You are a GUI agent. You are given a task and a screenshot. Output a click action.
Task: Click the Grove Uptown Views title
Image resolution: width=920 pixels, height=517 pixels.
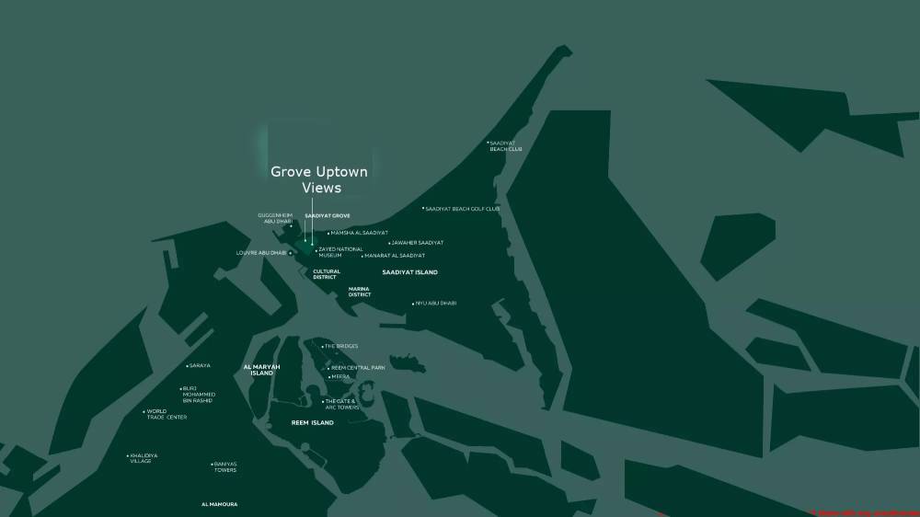tap(318, 179)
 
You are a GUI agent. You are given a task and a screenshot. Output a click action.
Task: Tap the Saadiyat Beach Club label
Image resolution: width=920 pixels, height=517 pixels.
tap(505, 145)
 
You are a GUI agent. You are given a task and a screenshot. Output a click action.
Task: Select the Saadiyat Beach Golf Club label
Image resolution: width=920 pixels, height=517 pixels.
tap(463, 209)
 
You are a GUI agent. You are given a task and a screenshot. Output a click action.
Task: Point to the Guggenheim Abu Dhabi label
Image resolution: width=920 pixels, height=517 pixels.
tap(275, 218)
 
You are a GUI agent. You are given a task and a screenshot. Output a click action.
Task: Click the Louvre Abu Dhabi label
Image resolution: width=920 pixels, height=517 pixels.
tap(261, 252)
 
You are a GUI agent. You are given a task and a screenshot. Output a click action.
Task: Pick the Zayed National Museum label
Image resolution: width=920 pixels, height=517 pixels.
tap(340, 251)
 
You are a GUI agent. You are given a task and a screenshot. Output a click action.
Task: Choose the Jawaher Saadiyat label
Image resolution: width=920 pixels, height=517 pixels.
tap(418, 243)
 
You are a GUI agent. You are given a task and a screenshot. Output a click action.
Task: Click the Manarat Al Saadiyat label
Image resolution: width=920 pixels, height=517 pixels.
tap(396, 255)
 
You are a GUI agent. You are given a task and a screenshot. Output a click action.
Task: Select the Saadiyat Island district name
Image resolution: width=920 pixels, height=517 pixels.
tap(410, 272)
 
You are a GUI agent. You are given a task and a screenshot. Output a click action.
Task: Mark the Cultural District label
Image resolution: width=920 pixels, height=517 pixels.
tap(327, 274)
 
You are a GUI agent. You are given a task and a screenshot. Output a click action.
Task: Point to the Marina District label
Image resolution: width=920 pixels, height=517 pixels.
tap(359, 292)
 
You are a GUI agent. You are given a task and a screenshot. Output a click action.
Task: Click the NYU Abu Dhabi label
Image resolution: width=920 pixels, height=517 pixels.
tap(436, 303)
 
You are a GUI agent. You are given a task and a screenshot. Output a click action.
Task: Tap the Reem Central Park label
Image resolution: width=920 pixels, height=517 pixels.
tap(358, 367)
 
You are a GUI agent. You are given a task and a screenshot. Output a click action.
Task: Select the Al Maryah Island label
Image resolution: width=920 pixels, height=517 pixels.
tap(261, 370)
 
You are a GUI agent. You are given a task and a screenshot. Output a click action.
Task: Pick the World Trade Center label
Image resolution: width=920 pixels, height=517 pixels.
tap(167, 414)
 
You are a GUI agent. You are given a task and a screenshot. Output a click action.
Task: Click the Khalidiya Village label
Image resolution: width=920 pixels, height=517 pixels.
tap(144, 458)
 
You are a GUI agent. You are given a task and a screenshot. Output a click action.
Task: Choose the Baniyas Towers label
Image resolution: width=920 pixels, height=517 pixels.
tap(225, 466)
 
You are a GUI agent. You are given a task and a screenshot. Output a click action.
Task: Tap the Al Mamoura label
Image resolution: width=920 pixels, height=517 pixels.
tap(219, 504)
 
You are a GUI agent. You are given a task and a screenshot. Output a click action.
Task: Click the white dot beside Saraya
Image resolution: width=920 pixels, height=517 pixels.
tap(186, 366)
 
